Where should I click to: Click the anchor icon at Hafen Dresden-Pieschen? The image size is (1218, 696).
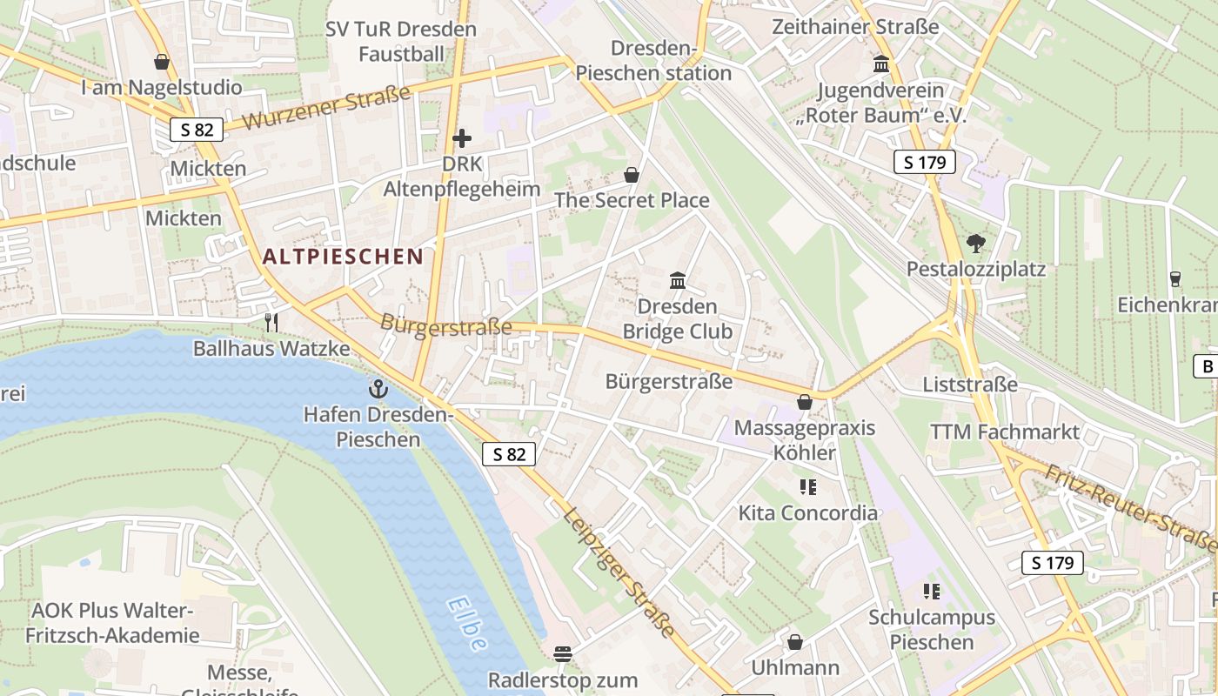pos(378,389)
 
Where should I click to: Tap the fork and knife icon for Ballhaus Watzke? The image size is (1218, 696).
pos(271,323)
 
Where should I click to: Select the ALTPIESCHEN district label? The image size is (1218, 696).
pos(343,257)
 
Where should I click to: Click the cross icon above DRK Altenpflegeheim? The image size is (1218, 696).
pos(462,137)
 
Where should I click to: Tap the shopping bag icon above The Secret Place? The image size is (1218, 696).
pos(632,175)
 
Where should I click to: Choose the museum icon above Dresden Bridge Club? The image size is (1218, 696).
pos(678,280)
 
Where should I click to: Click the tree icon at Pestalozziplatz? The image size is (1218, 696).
pos(975,244)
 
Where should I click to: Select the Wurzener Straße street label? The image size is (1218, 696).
pos(325,108)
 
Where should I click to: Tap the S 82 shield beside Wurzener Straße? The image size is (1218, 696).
pos(197,130)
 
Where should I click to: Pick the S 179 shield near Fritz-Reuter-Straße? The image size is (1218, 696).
pos(1053,563)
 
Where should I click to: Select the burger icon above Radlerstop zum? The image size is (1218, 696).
pos(563,653)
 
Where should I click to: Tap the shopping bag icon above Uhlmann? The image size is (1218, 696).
pos(794,642)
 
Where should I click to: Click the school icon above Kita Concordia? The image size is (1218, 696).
pos(808,487)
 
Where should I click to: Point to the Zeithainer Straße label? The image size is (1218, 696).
pos(855,27)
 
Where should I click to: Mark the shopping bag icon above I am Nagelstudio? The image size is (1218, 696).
pos(161,62)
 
